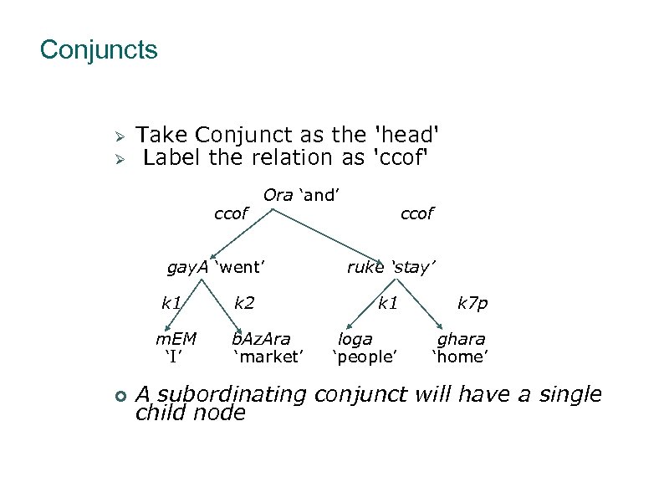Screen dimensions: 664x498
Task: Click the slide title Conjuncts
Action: point(98,50)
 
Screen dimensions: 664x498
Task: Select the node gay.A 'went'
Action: point(216,268)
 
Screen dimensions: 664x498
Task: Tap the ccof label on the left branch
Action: point(231,214)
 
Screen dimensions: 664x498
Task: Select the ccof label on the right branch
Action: point(416,214)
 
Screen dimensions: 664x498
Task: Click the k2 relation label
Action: point(244,303)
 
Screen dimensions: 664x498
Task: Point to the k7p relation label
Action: point(472,303)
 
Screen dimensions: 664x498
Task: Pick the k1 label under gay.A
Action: point(172,303)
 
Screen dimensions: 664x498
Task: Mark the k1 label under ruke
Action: point(387,303)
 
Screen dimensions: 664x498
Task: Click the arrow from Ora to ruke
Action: point(326,235)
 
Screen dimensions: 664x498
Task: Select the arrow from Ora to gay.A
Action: point(243,234)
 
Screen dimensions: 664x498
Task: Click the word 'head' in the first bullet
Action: point(409,135)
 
